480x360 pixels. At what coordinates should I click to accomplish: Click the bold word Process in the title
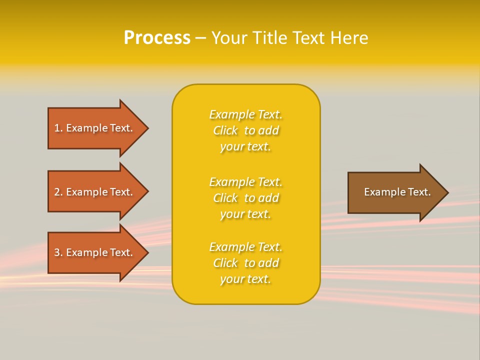click(157, 38)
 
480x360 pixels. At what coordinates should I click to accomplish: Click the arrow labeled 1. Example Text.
click(95, 128)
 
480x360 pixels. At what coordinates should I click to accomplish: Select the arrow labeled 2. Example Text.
click(95, 192)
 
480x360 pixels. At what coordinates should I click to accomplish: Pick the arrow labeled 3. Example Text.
click(95, 252)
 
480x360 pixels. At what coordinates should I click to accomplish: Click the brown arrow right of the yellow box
click(395, 192)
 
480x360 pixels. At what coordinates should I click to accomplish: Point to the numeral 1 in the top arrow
click(57, 128)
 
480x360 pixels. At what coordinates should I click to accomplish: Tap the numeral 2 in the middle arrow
click(57, 192)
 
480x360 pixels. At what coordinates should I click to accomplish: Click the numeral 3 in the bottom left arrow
click(57, 252)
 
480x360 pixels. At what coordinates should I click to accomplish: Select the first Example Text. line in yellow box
click(245, 114)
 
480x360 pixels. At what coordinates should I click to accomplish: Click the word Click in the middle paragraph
click(225, 198)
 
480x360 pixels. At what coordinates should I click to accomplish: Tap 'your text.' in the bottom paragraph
click(245, 279)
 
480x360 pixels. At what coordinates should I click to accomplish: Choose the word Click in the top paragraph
click(225, 130)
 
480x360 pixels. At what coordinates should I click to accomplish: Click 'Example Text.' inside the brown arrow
click(397, 192)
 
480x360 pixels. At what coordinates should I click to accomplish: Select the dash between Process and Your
click(200, 38)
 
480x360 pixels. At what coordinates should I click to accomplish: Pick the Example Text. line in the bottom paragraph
click(245, 247)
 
